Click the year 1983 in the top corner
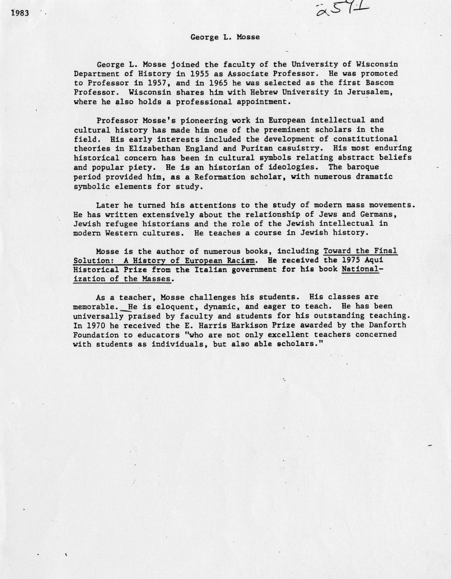point(20,13)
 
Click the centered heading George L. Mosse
point(225,37)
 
